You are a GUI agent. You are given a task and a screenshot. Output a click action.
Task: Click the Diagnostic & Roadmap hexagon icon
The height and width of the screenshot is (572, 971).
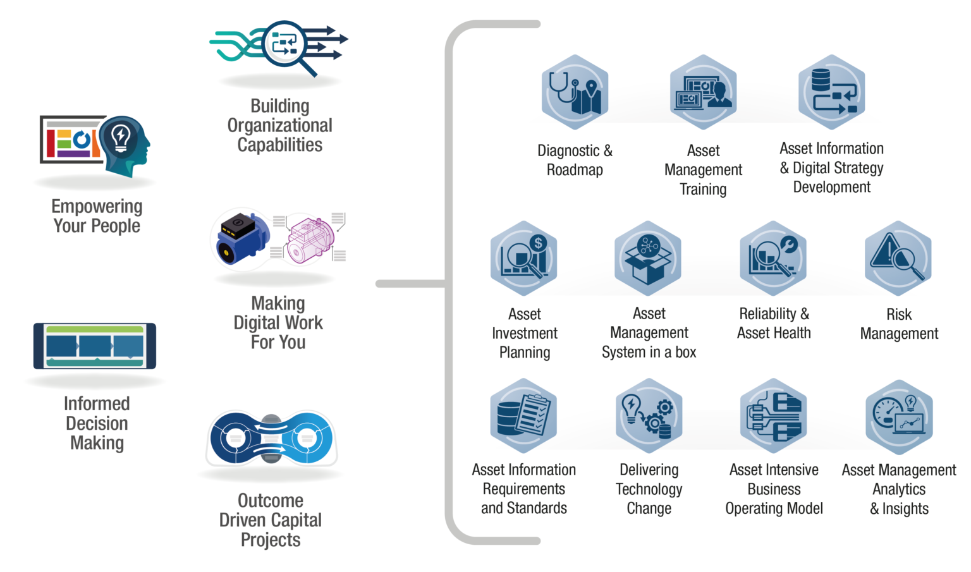[575, 92]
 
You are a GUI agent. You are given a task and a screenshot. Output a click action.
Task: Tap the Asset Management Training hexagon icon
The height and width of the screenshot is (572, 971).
[703, 92]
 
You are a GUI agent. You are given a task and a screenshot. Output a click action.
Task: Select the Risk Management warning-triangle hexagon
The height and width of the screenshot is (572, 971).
[898, 258]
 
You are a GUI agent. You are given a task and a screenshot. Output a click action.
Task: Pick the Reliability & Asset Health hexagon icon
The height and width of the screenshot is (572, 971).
[773, 258]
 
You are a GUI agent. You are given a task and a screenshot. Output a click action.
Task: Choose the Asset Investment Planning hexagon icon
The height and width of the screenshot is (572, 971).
[523, 258]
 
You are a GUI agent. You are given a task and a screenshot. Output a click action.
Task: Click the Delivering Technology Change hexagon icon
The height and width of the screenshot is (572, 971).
[649, 415]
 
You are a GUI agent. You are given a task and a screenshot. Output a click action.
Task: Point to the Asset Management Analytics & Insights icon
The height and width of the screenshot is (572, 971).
[899, 417]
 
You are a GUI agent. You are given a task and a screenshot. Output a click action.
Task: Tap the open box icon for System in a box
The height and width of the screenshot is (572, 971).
[648, 258]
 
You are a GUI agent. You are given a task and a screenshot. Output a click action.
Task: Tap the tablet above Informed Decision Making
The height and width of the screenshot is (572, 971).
[95, 346]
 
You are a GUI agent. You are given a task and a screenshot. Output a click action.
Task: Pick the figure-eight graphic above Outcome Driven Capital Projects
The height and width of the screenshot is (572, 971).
[271, 438]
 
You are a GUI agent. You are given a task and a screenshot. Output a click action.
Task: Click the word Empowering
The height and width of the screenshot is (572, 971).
[97, 207]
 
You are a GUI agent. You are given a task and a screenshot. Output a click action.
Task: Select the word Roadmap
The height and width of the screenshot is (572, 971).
[575, 170]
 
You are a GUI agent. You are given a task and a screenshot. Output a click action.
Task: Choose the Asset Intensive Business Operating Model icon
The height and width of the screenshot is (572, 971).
[774, 415]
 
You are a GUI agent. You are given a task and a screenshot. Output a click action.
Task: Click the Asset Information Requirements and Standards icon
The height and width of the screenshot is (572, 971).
[523, 415]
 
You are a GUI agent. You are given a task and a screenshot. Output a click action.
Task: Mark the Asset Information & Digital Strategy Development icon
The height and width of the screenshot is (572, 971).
[831, 92]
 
